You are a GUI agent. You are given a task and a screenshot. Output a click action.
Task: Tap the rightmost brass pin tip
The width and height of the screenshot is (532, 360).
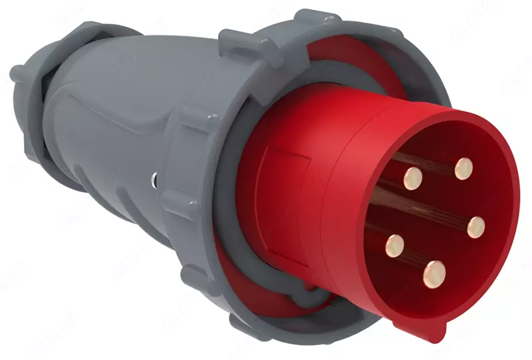coord(475,228)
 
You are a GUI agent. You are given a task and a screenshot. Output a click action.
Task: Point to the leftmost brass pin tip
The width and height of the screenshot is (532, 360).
coord(395,247)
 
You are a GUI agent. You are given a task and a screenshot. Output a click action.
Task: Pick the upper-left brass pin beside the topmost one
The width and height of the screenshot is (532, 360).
coord(413,178)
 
